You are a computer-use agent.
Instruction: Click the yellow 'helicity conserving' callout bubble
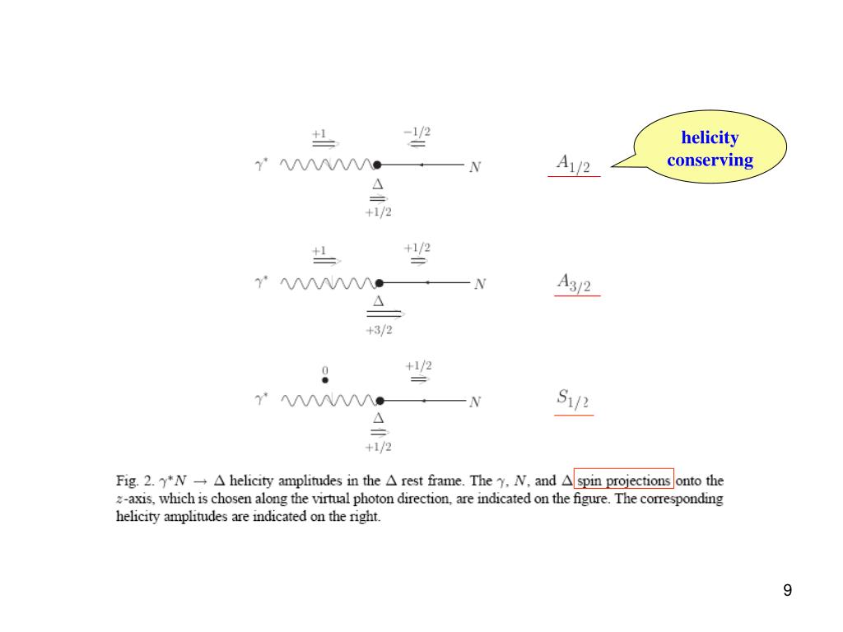pos(710,149)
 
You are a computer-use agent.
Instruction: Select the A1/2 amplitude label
pos(574,164)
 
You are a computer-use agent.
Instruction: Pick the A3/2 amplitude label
pos(574,282)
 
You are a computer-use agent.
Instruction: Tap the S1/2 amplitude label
pos(573,400)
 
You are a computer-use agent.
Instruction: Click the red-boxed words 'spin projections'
pos(624,479)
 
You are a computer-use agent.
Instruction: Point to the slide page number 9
pos(788,590)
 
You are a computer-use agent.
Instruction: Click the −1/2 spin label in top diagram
pos(417,131)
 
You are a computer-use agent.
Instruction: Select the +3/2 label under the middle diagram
pos(379,330)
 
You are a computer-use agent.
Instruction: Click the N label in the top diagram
pos(475,167)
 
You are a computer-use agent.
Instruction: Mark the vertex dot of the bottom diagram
pos(379,401)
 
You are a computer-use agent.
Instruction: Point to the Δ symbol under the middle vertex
pos(379,301)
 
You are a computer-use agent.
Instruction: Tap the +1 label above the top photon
pos(319,132)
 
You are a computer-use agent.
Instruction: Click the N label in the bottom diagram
pos(475,402)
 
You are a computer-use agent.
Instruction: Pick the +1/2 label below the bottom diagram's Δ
pos(379,448)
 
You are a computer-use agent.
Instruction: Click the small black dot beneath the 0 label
pos(325,380)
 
